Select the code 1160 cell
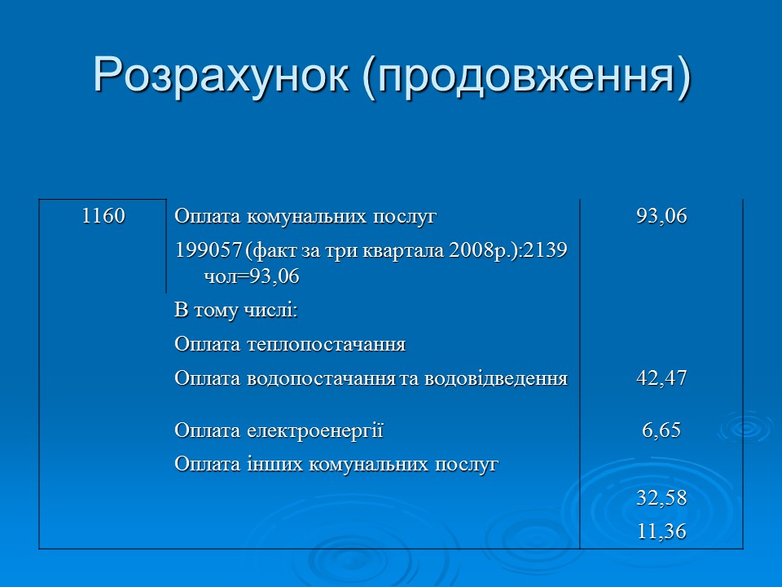pyautogui.click(x=103, y=217)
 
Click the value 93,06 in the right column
pyautogui.click(x=661, y=217)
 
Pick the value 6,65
pyautogui.click(x=661, y=430)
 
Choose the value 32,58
pyautogui.click(x=661, y=497)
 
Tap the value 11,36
pyautogui.click(x=661, y=532)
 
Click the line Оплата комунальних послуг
pyautogui.click(x=305, y=218)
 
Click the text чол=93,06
pyautogui.click(x=252, y=277)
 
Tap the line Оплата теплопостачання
pyautogui.click(x=290, y=345)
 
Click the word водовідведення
pyautogui.click(x=494, y=378)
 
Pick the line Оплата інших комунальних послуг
pyautogui.click(x=336, y=465)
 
